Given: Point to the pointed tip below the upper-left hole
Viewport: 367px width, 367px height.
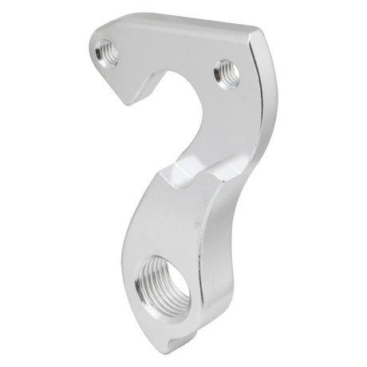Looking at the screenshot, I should click(126, 99).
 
